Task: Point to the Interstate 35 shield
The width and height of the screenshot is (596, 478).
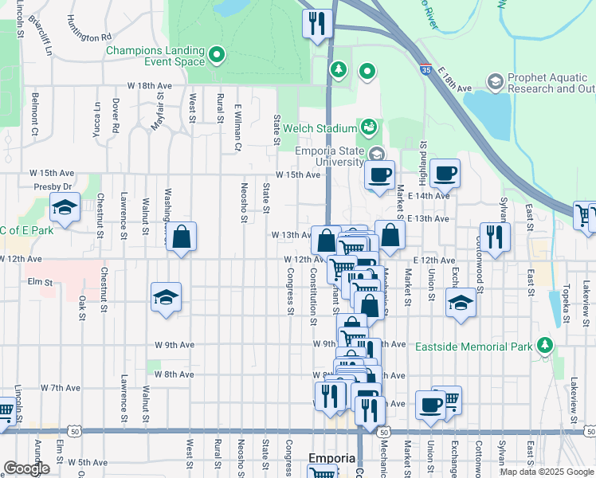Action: [426, 70]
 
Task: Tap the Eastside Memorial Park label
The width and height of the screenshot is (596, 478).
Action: [473, 347]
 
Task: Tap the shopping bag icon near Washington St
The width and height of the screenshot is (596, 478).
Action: [182, 237]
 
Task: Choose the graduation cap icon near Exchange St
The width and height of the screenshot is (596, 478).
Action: [460, 304]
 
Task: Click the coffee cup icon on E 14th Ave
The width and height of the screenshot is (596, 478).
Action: [445, 172]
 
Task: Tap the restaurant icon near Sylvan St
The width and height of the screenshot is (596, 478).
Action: [496, 237]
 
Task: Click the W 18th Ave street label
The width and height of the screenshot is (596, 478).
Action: [149, 85]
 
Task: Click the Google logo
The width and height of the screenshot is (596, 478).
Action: [27, 468]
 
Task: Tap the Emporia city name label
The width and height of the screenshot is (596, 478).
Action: [331, 458]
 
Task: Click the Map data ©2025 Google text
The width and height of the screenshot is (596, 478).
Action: [547, 472]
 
